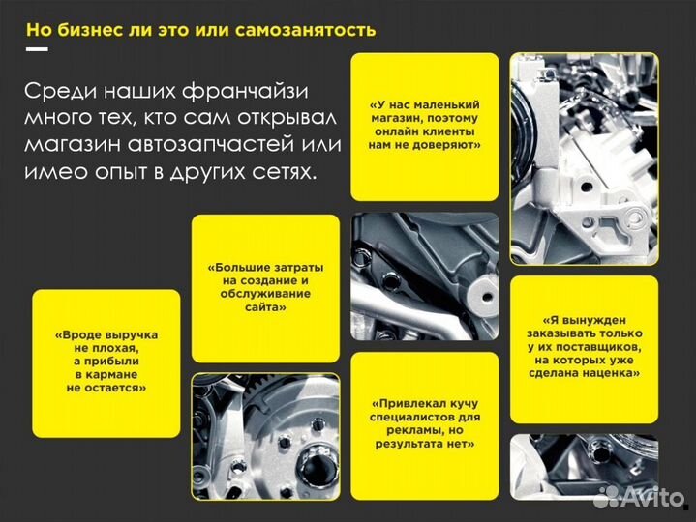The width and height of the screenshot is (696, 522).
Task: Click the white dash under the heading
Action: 37,48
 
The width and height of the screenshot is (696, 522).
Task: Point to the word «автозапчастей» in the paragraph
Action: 241,144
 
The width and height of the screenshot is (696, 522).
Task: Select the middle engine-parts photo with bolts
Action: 424,276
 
